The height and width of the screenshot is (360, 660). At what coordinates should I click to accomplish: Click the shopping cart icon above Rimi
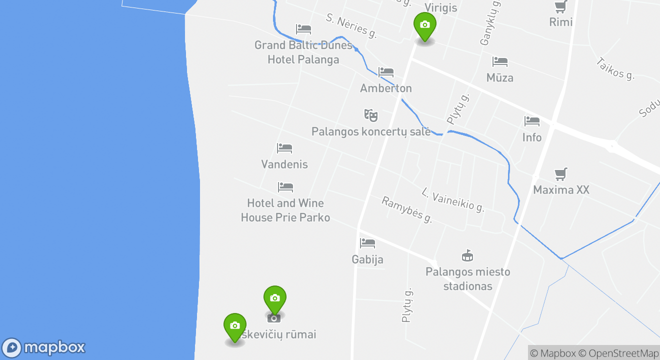point(560,7)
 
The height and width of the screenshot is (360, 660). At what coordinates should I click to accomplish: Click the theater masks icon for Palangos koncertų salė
point(370,115)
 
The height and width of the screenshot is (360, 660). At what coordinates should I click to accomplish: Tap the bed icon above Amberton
point(386,72)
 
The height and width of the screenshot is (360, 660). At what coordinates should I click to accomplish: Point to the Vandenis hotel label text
point(284,164)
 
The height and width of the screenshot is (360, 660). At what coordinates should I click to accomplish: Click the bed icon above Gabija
point(367,243)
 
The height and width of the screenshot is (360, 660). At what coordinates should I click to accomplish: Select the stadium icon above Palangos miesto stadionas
point(467,255)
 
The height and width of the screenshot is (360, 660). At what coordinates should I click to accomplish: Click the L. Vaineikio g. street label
point(453,200)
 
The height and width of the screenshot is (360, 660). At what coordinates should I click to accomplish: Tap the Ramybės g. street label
point(406,209)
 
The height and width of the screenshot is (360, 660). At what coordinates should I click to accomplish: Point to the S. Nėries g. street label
point(351,26)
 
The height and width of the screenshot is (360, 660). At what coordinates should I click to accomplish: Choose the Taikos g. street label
point(615,68)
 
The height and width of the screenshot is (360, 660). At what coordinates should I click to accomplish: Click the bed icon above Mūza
point(500,61)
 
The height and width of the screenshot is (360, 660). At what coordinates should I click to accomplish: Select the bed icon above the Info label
point(532,121)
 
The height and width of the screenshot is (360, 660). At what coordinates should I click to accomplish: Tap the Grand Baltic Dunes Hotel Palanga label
point(303,52)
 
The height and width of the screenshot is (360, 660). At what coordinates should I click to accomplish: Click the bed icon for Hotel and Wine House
point(285,187)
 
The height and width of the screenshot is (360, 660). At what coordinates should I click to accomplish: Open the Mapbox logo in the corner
point(44,347)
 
